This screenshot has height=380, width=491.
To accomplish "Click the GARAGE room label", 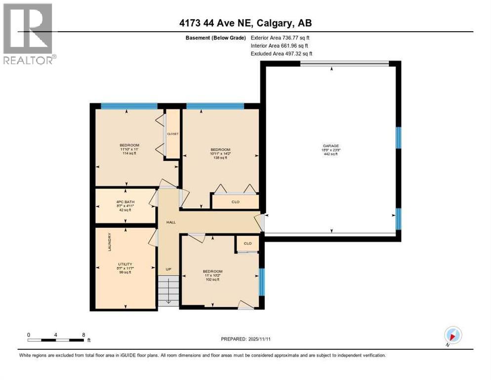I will coord(330,146).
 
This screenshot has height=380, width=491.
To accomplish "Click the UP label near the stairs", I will coord(168,269).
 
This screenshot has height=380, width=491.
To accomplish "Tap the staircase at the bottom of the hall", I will coord(168,292).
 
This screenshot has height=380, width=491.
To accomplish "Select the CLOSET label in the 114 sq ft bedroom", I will coord(172,134).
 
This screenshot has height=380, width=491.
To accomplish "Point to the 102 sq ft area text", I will coord(212,280).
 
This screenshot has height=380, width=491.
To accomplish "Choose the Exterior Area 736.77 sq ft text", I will coord(280,38).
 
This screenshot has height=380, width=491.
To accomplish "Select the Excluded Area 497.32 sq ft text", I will coord(281,53).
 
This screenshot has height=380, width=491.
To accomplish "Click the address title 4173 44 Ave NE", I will coord(245,23).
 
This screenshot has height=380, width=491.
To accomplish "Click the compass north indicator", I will coord(452,335).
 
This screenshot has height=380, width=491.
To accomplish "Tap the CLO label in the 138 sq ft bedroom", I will coord(235,202).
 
